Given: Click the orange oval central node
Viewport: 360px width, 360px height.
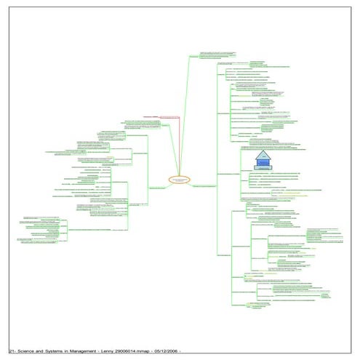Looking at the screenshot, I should pyautogui.click(x=180, y=179).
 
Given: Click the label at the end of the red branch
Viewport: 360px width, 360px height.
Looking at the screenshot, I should pyautogui.click(x=151, y=116).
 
